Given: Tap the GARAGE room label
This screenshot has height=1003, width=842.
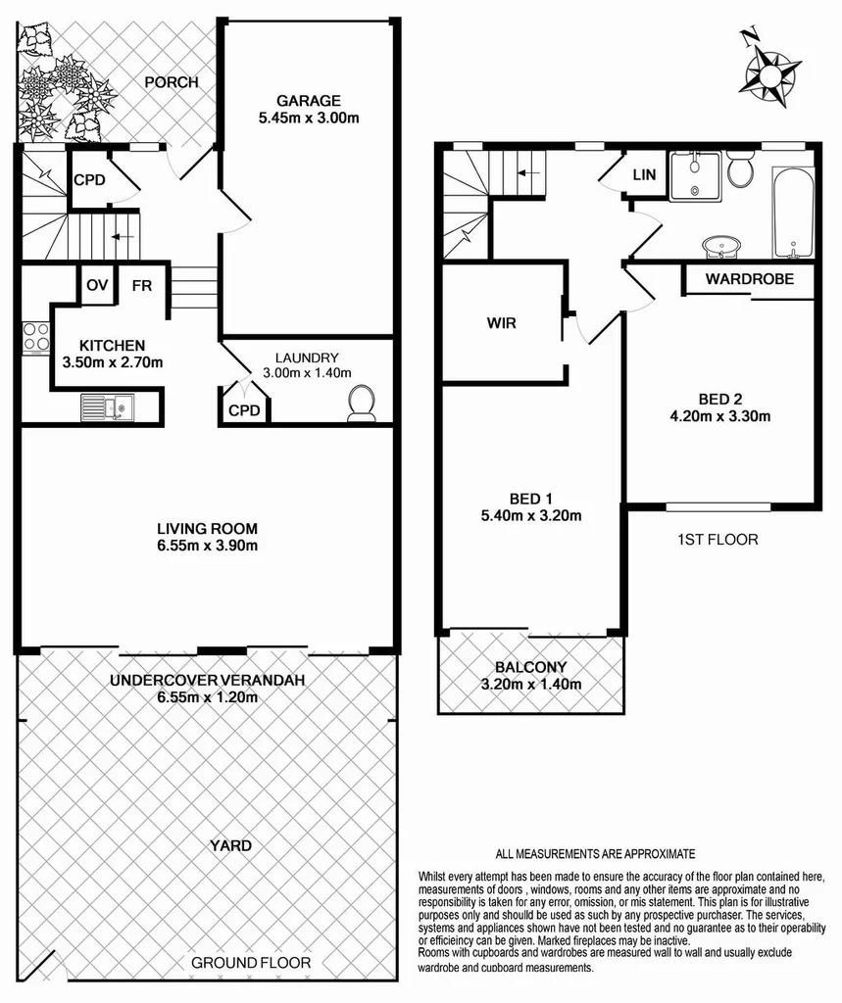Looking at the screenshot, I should [x=308, y=100].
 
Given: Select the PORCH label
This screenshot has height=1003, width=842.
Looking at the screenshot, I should [x=172, y=82].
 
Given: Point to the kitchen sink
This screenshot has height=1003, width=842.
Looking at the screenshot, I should [x=108, y=405].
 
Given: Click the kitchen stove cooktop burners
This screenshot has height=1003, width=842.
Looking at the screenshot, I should [x=36, y=337].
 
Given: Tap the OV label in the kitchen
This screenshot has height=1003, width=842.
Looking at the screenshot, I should [x=96, y=286].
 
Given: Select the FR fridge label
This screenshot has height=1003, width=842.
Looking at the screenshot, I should [x=141, y=286].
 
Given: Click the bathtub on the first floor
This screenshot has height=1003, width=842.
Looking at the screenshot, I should [x=792, y=213].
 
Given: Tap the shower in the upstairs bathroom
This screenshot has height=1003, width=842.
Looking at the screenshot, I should [x=695, y=176].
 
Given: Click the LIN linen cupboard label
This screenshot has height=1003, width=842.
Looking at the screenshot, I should [x=644, y=174].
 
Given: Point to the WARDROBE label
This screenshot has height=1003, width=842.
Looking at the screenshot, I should [x=749, y=279].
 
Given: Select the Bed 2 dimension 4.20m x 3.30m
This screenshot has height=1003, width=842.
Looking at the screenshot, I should [x=720, y=415].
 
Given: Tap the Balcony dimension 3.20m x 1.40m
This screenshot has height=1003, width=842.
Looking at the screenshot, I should [x=532, y=684].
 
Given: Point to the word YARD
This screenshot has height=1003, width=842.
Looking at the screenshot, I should [x=231, y=845].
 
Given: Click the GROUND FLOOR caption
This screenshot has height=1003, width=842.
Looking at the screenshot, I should [x=251, y=963].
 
